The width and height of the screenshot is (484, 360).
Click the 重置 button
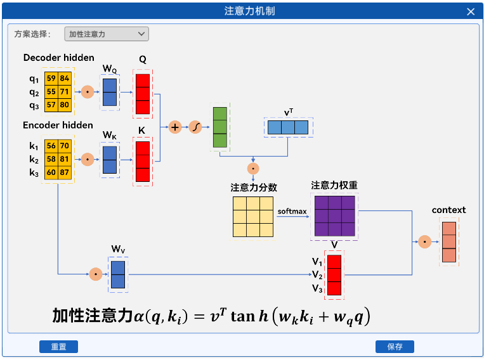coord(58,347)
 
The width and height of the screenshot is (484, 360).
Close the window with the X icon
coord(470,11)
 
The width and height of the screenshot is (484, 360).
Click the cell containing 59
coord(51,79)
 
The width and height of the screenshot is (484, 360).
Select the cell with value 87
coord(65,173)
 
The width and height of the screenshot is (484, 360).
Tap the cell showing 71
coord(65,92)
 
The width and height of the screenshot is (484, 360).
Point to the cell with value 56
coord(51,146)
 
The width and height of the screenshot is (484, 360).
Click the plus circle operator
coord(176,127)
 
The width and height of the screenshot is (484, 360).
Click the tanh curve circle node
coord(195,127)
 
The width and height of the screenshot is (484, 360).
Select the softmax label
coord(292,211)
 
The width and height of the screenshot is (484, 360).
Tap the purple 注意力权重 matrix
coord(334,215)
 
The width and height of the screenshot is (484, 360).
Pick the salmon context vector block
coord(449,241)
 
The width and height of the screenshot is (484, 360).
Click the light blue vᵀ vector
coord(287,127)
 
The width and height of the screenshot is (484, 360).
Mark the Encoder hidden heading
coord(58,125)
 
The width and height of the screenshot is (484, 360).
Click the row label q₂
coord(34,92)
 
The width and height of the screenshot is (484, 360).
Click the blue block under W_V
coord(118,274)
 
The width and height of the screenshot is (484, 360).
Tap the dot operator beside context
coord(424,241)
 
